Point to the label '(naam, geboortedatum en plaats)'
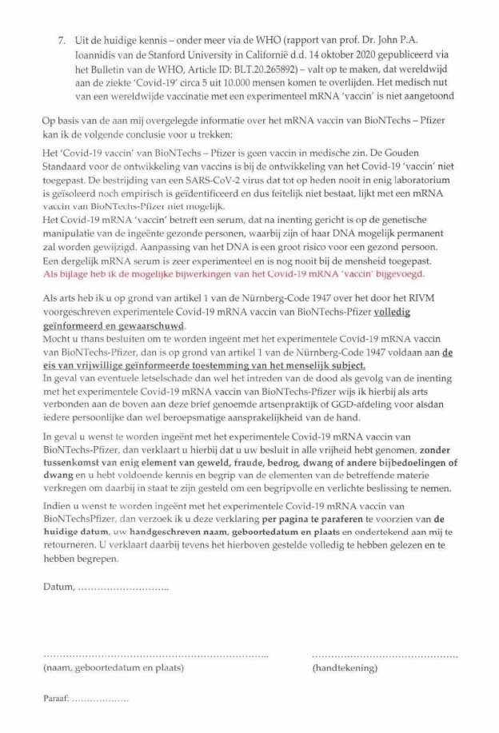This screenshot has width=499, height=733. point(112,666)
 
